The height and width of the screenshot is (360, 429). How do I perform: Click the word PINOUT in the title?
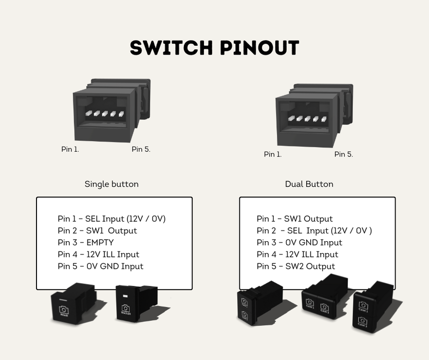[259, 48]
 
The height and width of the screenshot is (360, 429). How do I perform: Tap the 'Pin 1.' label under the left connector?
[70, 149]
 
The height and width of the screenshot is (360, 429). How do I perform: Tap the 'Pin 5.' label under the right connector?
[343, 154]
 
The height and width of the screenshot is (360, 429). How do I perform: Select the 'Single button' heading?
[111, 184]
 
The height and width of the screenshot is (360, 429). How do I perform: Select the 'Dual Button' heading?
[309, 184]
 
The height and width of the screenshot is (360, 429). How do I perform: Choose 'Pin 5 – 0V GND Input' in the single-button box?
[100, 266]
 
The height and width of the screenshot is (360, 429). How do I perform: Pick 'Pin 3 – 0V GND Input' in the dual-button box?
[299, 242]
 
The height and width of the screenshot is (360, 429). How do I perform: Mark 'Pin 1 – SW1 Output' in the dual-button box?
[294, 219]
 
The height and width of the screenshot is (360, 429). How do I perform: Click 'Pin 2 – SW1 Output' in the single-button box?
[97, 230]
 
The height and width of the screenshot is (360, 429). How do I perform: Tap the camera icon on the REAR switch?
[64, 310]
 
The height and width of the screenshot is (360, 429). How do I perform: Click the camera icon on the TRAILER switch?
[125, 308]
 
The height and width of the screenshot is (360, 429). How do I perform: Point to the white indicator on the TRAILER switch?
[125, 296]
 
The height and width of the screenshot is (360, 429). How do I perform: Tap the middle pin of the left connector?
[105, 114]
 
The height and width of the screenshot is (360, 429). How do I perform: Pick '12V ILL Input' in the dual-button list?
[311, 254]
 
